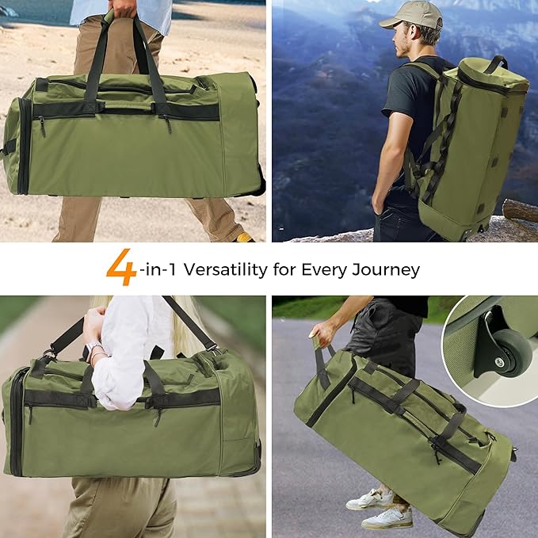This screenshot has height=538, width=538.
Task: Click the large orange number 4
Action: coord(121,267)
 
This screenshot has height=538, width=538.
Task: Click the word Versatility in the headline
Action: coord(226,269)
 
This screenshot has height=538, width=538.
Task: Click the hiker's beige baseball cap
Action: coord(412,15)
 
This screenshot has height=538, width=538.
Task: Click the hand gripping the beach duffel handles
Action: coord(123,8)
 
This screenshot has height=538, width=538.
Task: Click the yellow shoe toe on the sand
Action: coord(244,237)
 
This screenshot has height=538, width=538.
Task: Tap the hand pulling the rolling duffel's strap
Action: coord(320,335)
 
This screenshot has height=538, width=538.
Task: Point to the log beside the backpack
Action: coord(520,211)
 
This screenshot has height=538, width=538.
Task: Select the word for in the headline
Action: coord(284,269)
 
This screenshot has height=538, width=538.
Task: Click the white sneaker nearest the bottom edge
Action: coord(387,517)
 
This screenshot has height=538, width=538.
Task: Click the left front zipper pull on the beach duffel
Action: coord(41,126)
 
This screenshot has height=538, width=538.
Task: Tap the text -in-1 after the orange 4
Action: coord(158,269)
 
